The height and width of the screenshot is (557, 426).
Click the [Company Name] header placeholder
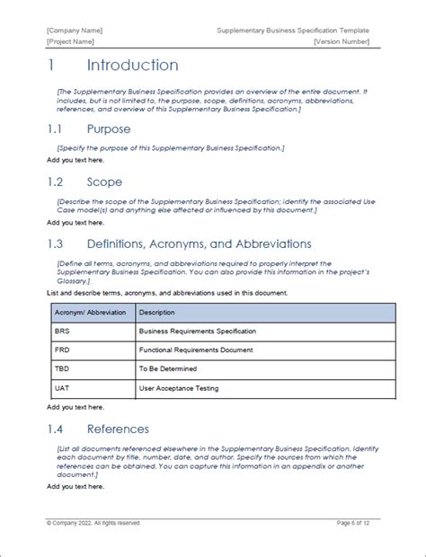click(x=75, y=31)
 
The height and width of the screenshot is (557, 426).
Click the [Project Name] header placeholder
click(x=73, y=41)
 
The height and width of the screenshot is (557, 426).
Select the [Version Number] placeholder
click(x=342, y=41)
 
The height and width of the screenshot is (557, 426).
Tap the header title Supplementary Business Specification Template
click(x=293, y=31)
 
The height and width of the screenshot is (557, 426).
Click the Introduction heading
click(x=132, y=66)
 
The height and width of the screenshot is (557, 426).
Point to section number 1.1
click(x=57, y=128)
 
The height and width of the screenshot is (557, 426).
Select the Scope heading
click(x=105, y=181)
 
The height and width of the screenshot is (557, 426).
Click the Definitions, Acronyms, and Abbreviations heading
click(x=199, y=243)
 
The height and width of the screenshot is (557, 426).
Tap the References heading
click(x=118, y=429)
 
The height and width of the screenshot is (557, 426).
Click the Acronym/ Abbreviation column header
click(x=90, y=313)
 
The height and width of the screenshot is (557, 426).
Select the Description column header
click(x=157, y=313)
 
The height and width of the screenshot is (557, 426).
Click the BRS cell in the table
click(x=62, y=332)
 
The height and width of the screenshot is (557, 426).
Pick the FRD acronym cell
click(x=62, y=350)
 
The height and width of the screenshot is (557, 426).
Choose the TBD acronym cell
click(x=62, y=369)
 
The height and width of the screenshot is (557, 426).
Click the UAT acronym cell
click(x=62, y=388)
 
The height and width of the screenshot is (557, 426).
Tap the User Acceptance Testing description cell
click(x=180, y=388)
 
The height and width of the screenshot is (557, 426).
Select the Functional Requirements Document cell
click(x=195, y=350)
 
